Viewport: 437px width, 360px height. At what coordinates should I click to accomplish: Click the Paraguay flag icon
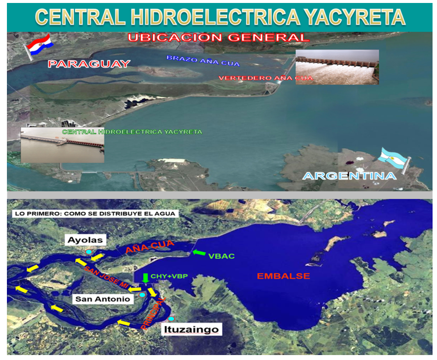pos(39,46)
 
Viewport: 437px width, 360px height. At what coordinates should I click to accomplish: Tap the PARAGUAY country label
pos(89,64)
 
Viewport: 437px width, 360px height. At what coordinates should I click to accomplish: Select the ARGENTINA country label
pos(350,176)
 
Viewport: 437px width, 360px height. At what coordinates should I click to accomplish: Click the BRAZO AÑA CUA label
pos(203,61)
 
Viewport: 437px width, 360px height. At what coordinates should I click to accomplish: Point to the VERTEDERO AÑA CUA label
pos(265,78)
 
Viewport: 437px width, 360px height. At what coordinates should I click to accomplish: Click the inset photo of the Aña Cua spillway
pos(337,67)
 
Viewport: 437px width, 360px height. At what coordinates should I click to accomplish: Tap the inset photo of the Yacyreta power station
pos(62,145)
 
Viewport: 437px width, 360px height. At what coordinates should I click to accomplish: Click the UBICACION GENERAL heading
pos(218,38)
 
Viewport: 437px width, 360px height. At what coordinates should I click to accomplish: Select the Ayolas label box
pos(86,240)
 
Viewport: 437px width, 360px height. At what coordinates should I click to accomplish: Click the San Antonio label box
pos(103,299)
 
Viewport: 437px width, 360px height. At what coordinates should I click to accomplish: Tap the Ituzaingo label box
pos(192,329)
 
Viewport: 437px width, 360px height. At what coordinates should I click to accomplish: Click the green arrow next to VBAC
pos(199,253)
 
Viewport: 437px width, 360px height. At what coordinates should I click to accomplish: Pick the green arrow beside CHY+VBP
pos(145,278)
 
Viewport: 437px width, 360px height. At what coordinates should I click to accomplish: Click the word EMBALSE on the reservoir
pos(283,276)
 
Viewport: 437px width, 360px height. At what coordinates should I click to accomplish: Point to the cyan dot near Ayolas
pos(88,252)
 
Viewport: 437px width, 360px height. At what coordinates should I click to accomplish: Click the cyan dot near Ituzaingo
pos(171,319)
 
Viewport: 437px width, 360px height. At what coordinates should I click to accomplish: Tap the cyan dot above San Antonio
pos(142,295)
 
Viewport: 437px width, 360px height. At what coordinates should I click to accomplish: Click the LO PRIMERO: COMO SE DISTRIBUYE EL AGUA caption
pos(95,214)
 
